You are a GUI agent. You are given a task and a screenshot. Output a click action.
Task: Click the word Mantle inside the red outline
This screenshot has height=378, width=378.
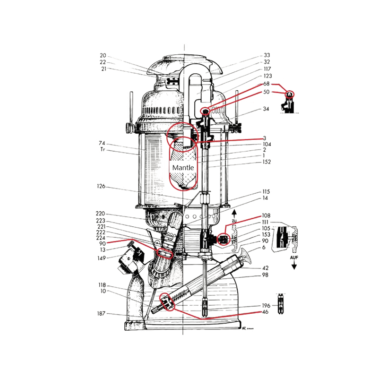(183, 168)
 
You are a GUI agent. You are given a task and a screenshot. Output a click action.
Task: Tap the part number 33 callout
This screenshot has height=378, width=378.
(267, 55)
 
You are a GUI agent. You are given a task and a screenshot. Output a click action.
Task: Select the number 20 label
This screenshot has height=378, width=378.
(103, 55)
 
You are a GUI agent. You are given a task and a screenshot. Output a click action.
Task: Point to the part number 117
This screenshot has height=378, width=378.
(267, 69)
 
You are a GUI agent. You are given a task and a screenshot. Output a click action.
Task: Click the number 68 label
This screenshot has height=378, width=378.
(266, 84)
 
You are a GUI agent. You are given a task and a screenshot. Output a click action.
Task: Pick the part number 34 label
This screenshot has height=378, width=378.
(266, 109)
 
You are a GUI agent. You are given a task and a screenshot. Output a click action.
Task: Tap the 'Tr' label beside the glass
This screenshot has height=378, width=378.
(103, 149)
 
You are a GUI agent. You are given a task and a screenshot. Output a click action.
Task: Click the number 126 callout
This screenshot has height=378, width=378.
(101, 186)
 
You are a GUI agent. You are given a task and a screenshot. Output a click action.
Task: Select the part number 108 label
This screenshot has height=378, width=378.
(266, 215)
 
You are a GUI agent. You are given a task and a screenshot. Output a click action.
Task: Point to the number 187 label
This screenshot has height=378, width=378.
(101, 313)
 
